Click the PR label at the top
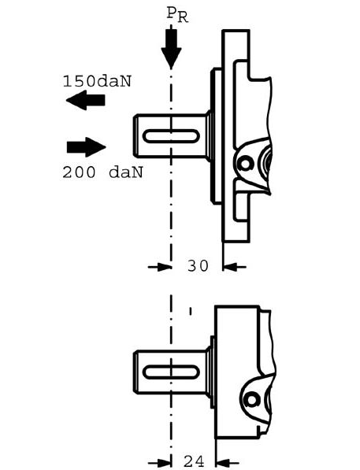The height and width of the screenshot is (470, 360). click(x=177, y=14)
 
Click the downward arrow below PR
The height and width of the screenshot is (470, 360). click(x=171, y=47)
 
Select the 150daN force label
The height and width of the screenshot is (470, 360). click(x=97, y=81)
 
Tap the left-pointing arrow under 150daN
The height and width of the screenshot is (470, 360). click(x=86, y=100)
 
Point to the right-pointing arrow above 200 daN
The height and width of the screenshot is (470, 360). click(x=87, y=147)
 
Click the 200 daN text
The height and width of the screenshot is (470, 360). click(x=102, y=172)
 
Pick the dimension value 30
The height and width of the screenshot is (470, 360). click(x=198, y=265)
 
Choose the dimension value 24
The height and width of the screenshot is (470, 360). click(x=194, y=461)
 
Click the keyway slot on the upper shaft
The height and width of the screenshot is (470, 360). click(x=171, y=136)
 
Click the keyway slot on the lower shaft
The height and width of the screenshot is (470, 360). click(x=171, y=372)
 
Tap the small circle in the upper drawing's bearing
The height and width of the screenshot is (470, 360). click(x=245, y=164)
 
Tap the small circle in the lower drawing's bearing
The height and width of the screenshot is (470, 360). click(x=251, y=400)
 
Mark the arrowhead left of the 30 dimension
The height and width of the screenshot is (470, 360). click(x=165, y=266)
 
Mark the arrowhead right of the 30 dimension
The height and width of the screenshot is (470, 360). click(x=230, y=266)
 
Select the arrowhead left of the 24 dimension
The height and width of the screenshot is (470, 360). click(x=165, y=464)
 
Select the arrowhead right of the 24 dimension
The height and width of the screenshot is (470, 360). click(x=223, y=464)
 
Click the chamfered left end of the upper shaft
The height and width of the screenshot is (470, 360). click(x=135, y=136)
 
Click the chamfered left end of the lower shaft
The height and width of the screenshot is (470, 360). click(x=135, y=372)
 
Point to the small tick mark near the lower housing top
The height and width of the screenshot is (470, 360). click(x=191, y=312)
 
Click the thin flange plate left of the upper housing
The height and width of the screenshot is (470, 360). click(x=217, y=136)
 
